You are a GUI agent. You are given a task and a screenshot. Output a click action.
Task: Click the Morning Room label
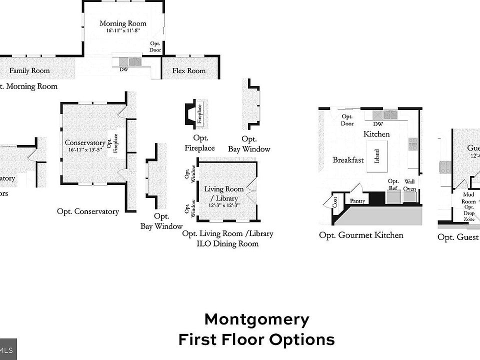coord(123,23)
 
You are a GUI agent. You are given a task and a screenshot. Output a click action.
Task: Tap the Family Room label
coord(29,71)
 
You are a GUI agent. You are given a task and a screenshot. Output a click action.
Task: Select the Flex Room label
coord(189,71)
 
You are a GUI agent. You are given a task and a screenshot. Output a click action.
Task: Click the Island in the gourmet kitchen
coord(376,156)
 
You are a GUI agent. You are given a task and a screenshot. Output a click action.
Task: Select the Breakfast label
coord(348,160)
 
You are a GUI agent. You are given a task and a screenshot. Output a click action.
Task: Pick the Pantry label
coord(357,201)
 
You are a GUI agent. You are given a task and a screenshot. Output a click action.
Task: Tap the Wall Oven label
coord(410,185)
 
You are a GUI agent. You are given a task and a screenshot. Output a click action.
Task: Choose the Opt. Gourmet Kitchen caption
coord(361,235)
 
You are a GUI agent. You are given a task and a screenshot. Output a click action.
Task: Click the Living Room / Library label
coord(224,193)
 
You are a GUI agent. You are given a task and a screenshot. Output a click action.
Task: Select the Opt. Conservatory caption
coord(88,211)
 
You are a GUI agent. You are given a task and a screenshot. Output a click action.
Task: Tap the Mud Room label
coord(468,198)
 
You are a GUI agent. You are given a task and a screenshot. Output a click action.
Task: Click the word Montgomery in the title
coord(256,319)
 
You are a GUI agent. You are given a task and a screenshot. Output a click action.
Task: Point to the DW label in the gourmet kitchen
coord(378,124)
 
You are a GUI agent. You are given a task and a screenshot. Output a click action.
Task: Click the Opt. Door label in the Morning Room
coord(155,47)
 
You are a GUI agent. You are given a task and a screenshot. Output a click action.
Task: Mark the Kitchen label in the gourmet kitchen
coord(376,134)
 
